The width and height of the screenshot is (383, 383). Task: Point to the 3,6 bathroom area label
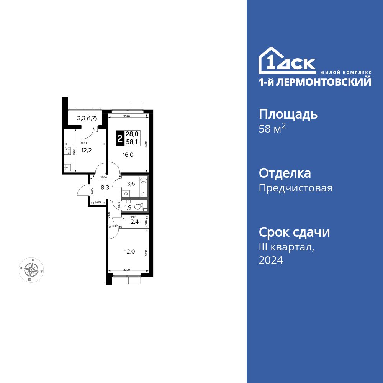pos(131,183)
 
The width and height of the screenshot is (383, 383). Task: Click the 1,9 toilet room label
pos(128,207)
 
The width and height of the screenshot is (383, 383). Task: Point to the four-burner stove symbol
pos(68,151)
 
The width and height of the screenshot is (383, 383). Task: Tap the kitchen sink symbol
pos(68,167)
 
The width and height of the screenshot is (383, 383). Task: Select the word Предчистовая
pos(296,188)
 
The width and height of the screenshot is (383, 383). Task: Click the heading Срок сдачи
pos(294,232)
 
